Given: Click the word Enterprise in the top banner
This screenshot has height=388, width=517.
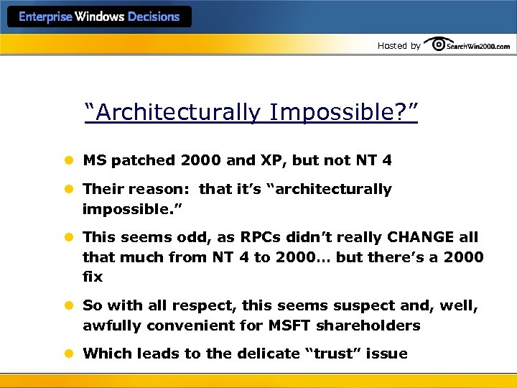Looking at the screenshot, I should [x=45, y=17].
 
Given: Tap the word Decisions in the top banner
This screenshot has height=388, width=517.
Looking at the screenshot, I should [x=153, y=17].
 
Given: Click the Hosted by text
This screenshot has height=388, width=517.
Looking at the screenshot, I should [x=399, y=45].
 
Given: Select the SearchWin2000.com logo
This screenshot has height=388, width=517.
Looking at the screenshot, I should [x=467, y=45].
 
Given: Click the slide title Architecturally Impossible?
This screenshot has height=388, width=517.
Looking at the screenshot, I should [x=251, y=112].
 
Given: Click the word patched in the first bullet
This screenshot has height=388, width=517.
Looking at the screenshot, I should [x=144, y=160].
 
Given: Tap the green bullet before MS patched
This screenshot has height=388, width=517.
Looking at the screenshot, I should [x=70, y=160].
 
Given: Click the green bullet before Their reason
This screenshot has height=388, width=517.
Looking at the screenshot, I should [x=70, y=190].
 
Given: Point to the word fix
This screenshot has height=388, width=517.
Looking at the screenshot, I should [x=93, y=276].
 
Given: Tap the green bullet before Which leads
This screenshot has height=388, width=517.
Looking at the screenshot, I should [x=70, y=354].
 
